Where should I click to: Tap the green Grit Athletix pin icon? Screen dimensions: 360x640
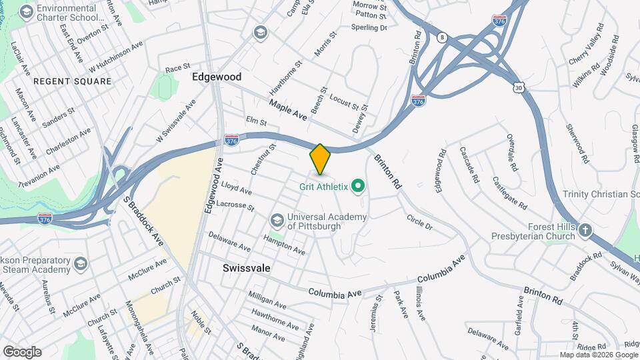(357, 187)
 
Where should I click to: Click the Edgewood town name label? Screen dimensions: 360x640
(217, 77)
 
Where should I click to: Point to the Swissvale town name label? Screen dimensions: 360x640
(246, 268)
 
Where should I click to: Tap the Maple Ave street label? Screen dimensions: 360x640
(288, 109)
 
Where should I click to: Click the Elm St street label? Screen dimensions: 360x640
(256, 122)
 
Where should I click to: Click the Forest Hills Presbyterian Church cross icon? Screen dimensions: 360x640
(585, 230)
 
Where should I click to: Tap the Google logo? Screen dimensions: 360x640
(21, 352)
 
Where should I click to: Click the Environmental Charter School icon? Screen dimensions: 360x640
(27, 11)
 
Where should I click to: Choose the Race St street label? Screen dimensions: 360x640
(178, 68)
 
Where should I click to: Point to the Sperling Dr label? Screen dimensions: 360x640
(369, 28)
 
